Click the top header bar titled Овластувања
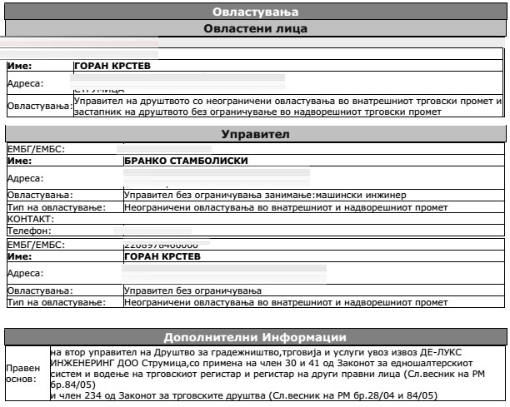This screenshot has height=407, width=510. (255, 12)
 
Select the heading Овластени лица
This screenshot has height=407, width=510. (255, 29)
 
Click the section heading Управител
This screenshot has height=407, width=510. (255, 134)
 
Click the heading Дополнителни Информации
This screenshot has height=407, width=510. (255, 337)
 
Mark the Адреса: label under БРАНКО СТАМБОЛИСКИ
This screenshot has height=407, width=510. (25, 177)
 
